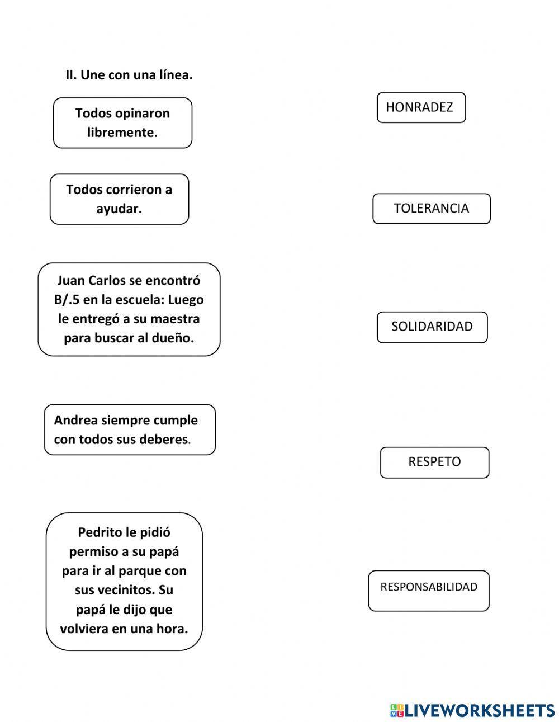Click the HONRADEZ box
421,107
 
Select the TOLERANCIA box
431,209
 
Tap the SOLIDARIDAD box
432,327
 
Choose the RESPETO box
434,462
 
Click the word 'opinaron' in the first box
142,114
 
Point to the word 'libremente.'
122,133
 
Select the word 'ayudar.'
119,209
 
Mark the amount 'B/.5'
67,300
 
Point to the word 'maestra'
176,319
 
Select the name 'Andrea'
76,420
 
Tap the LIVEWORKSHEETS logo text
479,710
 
